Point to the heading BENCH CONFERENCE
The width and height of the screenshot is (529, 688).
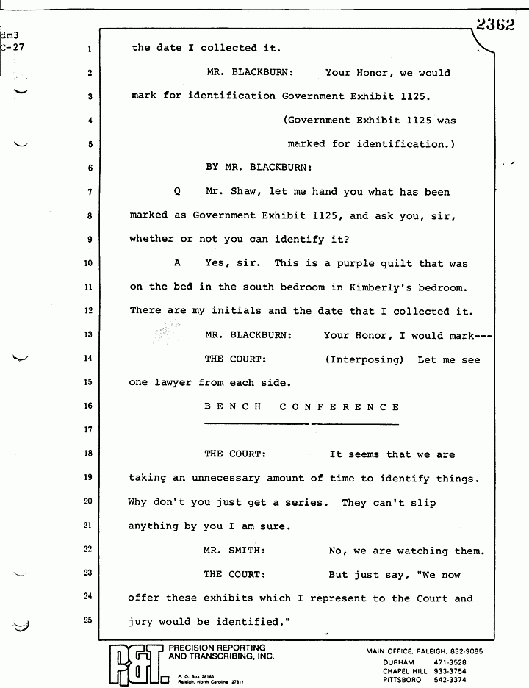click(x=302, y=406)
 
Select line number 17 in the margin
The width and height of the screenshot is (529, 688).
click(x=87, y=429)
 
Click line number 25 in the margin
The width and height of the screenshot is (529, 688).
click(x=87, y=620)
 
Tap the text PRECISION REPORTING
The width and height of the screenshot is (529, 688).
click(x=217, y=648)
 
